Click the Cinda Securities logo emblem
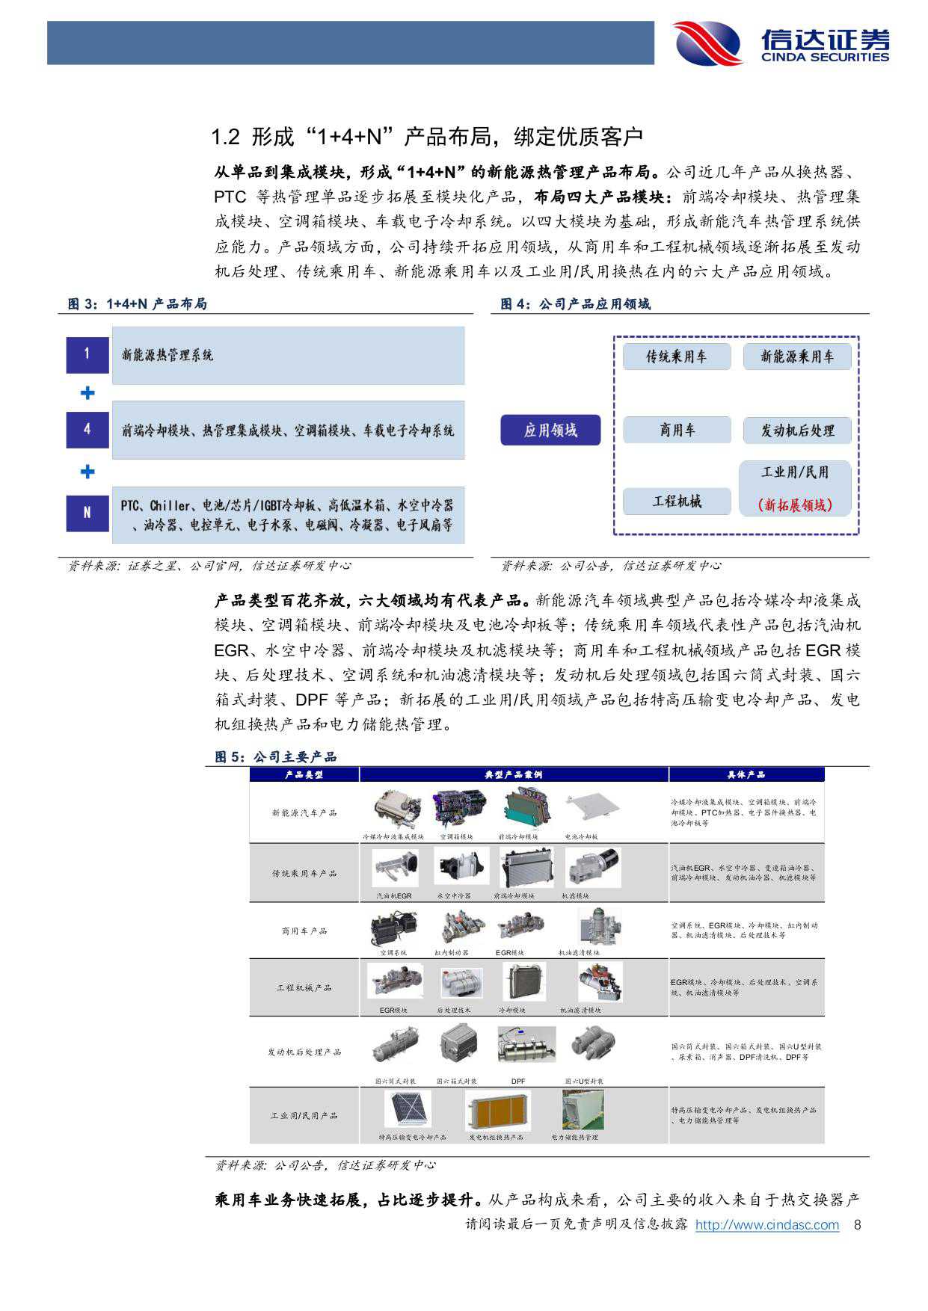coord(707,43)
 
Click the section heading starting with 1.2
coord(427,137)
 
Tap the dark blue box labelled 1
coord(87,354)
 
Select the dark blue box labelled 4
coord(87,430)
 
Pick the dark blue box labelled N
coord(87,513)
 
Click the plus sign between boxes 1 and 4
coord(87,392)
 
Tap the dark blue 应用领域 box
coord(550,431)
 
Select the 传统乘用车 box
coord(676,357)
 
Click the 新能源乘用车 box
coord(797,357)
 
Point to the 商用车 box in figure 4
coord(676,430)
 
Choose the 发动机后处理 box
coord(797,431)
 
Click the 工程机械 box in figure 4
coord(676,501)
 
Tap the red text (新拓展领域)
coord(795,505)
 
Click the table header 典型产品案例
coord(514,775)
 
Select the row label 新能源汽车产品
coord(304,812)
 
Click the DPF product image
coord(526,1045)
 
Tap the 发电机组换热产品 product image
coord(497,1110)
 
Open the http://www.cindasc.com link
coord(766,1225)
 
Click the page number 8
coord(858,1225)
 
